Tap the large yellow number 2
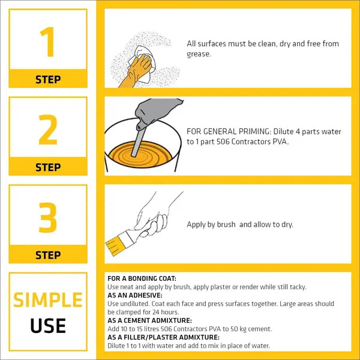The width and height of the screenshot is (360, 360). coord(48,130)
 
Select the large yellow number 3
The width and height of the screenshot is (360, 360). coord(48,217)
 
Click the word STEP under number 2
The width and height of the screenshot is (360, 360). coord(48,167)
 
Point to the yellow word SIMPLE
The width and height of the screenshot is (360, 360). coord(48,300)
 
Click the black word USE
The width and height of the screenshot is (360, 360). coord(48,326)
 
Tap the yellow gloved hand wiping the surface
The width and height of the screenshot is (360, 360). coord(137,70)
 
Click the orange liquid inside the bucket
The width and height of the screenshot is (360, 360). coord(140,154)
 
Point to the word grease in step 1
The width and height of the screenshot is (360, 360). coord(198,55)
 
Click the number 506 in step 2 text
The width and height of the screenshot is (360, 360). coord(223,142)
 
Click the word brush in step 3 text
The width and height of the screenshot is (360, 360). coord(226,224)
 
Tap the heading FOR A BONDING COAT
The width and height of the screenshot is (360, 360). coord(142,278)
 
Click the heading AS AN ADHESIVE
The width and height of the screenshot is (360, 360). coord(135,295)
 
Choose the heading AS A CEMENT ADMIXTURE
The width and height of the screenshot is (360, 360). coord(149,320)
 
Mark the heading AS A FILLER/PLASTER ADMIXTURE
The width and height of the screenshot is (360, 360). coord(163,337)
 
